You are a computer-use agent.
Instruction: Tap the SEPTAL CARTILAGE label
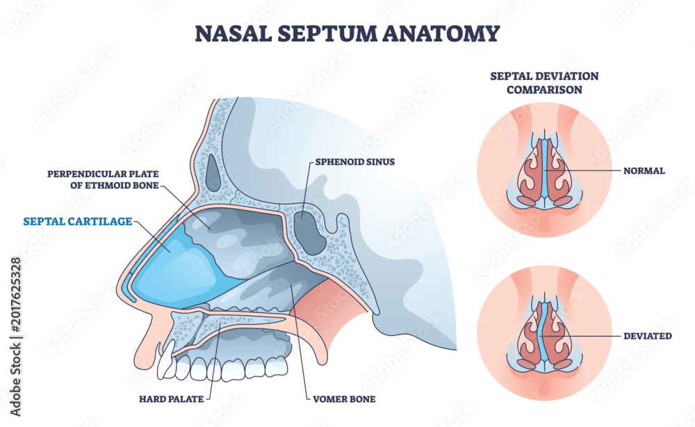pos(78,221)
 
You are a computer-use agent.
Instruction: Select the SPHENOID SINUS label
pos(355,162)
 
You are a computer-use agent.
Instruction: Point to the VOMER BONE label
pos(344,399)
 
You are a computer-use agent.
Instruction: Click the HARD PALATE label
pos(172,399)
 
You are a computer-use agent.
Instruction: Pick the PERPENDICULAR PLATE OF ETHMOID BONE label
pos(103,179)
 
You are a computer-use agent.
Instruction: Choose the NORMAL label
pos(644,170)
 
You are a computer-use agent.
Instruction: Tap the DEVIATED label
pos(648,336)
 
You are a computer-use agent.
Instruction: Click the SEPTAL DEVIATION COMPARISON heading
pos(544,83)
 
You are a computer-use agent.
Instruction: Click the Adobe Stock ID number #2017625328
pos(16,294)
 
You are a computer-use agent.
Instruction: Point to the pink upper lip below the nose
pos(145,338)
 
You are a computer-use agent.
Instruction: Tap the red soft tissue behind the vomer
pos(320,310)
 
